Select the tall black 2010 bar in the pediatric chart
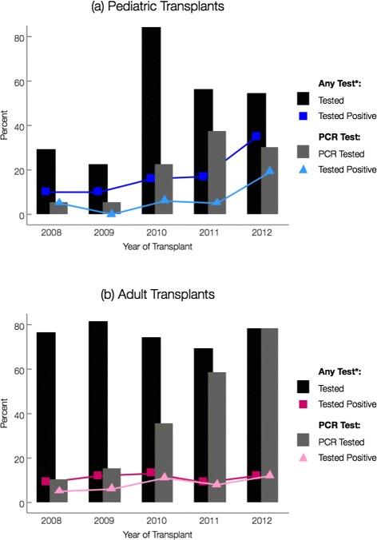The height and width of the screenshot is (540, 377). click(151, 120)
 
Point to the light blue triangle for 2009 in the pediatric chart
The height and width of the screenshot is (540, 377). click(111, 213)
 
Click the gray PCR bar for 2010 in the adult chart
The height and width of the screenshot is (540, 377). click(164, 463)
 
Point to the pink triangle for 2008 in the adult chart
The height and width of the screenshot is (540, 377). click(60, 491)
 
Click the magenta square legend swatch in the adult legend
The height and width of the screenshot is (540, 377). click(304, 404)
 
